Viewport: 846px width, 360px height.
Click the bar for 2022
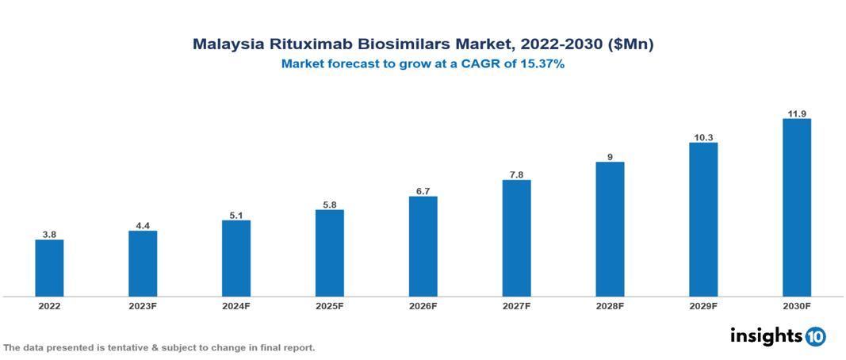[49, 268]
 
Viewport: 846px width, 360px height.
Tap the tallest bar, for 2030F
[796, 208]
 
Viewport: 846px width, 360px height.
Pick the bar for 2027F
[516, 238]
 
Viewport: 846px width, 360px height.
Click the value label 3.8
[49, 235]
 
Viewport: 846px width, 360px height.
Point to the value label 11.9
[796, 113]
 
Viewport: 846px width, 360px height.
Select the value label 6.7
[423, 191]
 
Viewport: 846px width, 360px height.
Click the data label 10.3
[703, 137]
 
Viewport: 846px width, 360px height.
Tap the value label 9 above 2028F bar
[610, 157]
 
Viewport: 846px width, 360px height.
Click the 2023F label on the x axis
[143, 306]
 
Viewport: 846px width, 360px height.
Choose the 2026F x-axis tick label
[423, 306]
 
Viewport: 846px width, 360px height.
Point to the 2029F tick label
[703, 306]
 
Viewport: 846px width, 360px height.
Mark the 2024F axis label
[236, 306]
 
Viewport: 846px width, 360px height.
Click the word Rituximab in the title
[299, 45]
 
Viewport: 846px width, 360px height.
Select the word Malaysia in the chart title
[226, 45]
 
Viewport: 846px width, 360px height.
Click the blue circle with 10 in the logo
[815, 337]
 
